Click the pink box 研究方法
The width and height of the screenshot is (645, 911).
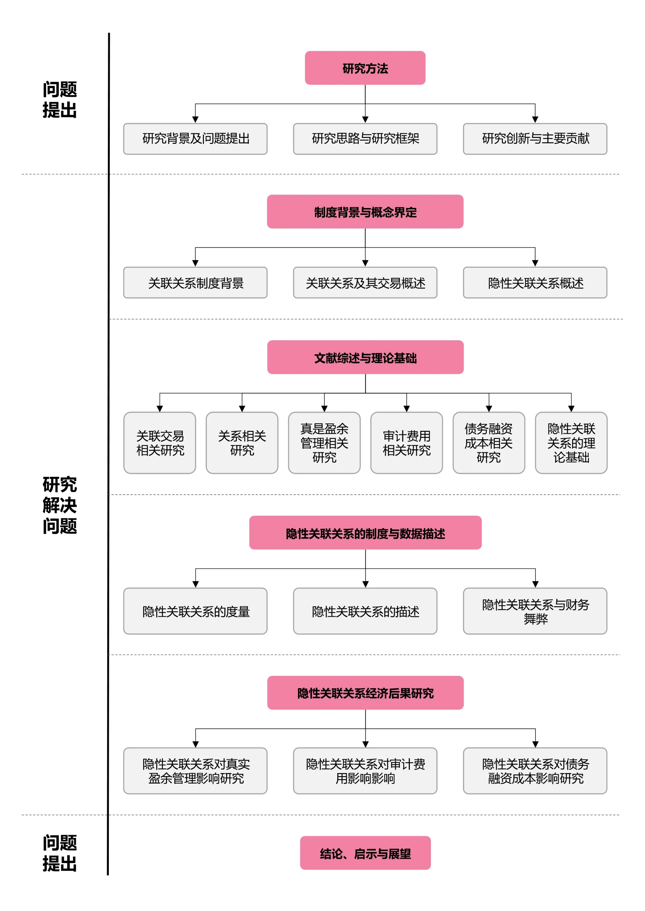[x=365, y=68]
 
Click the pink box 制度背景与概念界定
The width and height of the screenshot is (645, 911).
[x=365, y=211]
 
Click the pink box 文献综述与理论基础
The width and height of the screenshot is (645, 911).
[x=365, y=357]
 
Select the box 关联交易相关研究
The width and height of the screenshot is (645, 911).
[x=160, y=443]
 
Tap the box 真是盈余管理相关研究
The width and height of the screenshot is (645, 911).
[x=324, y=443]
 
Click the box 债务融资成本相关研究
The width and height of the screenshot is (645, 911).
[x=488, y=443]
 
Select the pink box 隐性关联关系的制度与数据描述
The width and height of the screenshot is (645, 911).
[x=365, y=533]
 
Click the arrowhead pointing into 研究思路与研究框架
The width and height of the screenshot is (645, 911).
[x=365, y=119]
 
